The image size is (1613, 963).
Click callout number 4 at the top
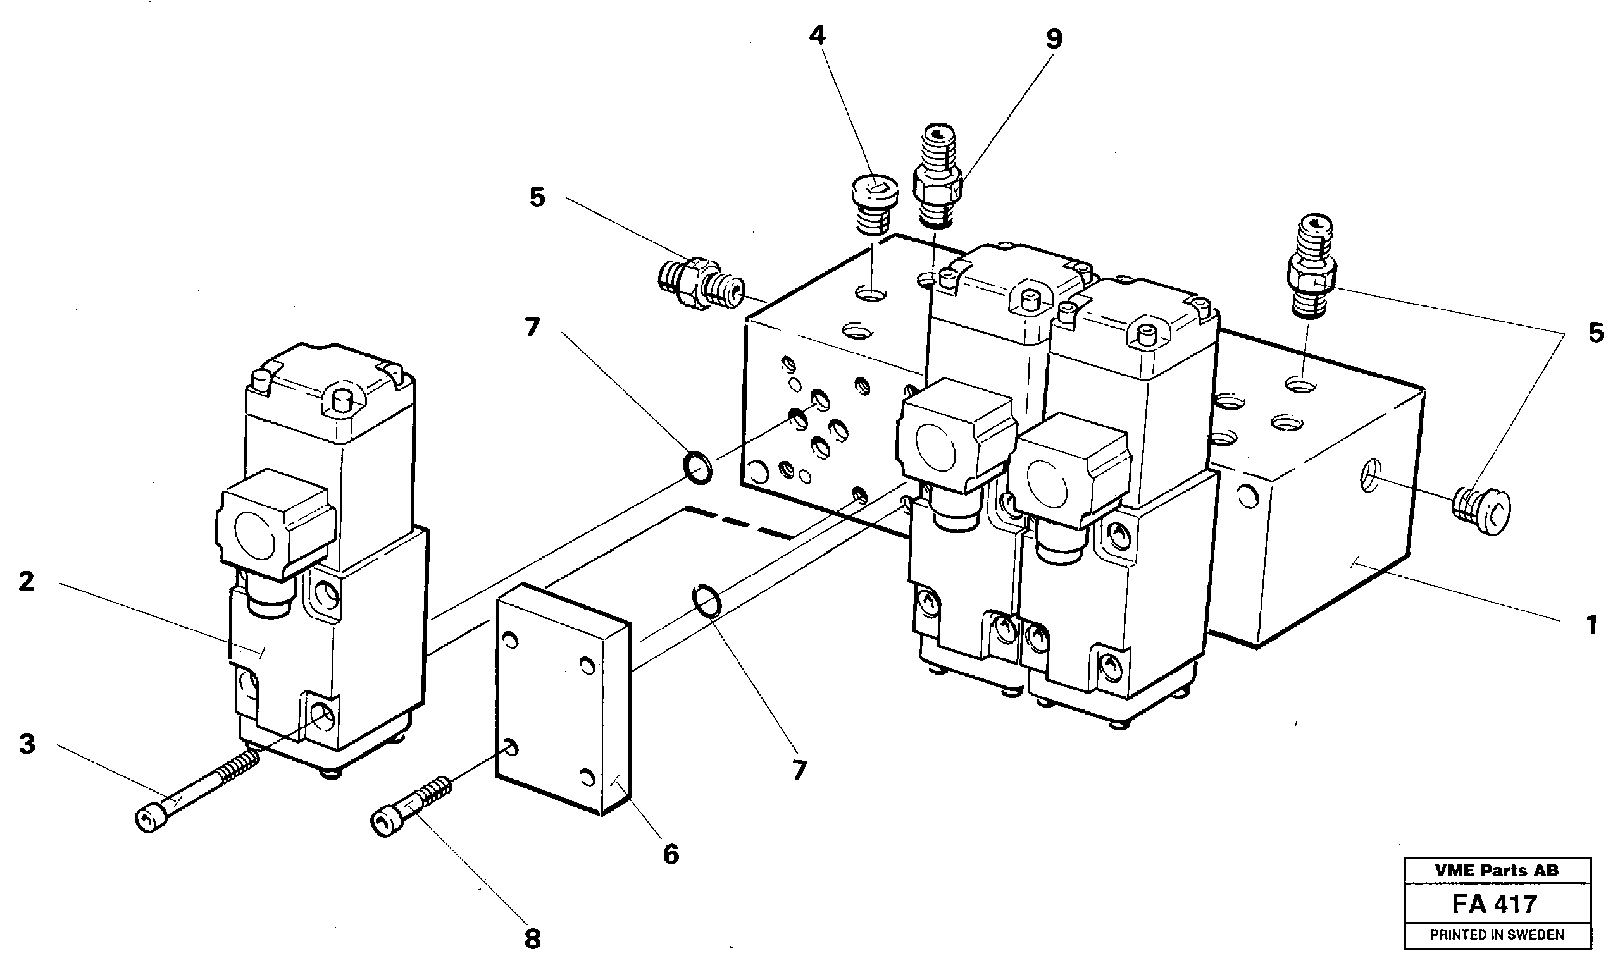[x=816, y=35]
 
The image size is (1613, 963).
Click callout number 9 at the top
[x=1053, y=40]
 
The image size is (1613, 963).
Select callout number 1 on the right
[x=1591, y=625]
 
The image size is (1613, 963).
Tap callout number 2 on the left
[x=26, y=581]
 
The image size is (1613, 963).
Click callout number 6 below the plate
[x=671, y=854]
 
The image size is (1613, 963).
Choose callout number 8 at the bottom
[x=532, y=938]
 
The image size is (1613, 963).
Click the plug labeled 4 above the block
[x=873, y=203]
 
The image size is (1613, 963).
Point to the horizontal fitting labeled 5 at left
[x=699, y=288]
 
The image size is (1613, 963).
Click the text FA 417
[x=1493, y=904]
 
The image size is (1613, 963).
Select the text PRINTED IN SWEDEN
[x=1496, y=935]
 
